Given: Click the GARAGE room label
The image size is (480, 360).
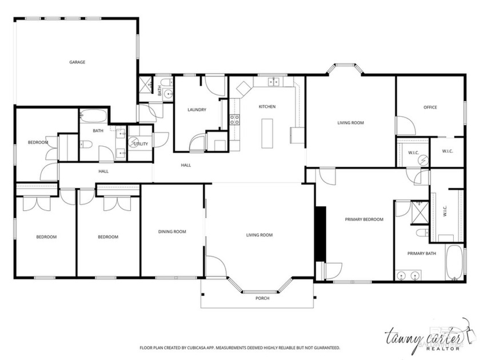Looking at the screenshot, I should click(77, 62).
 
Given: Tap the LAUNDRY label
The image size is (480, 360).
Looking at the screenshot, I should click(197, 110).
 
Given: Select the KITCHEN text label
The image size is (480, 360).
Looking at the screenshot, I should click(267, 107).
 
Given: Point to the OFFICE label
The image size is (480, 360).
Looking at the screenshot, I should click(430, 107).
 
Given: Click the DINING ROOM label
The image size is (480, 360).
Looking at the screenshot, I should click(172, 231).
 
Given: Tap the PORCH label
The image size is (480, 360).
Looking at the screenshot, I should click(262, 298).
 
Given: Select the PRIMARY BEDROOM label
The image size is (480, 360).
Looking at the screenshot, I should click(363, 219).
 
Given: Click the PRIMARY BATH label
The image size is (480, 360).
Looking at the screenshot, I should click(421, 253).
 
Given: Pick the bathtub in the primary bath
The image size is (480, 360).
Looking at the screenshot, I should click(455, 263).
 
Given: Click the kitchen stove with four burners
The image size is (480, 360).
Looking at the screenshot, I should click(234, 119).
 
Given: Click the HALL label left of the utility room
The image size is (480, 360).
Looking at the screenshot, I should click(103, 171).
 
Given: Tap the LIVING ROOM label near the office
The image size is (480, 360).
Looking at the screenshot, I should click(350, 123).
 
